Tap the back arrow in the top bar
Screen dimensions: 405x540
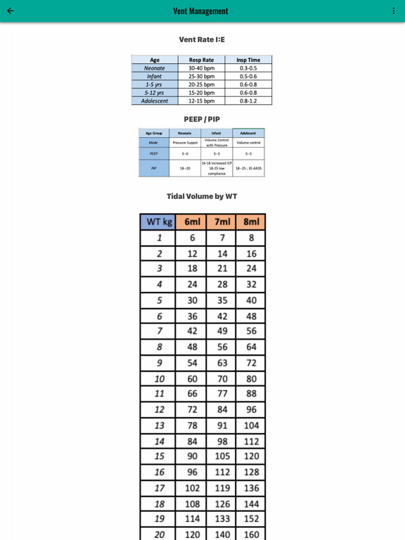[x=11, y=11]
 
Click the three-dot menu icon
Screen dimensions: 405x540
[x=394, y=11]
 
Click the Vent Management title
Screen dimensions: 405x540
[x=201, y=11]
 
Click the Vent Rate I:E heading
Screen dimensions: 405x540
[x=202, y=39]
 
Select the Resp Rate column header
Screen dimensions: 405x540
[x=201, y=60]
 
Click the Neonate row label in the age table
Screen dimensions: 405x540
[x=155, y=68]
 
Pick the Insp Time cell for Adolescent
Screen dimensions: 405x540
[x=248, y=101]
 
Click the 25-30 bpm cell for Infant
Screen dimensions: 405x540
[x=201, y=76]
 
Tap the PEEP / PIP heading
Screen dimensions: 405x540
[x=202, y=119]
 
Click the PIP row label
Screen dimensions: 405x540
[x=153, y=168]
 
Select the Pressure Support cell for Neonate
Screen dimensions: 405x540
[x=185, y=143]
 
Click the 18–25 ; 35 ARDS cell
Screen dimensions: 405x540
[x=248, y=168]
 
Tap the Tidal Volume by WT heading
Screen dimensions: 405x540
[x=202, y=196]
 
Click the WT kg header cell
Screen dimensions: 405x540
[x=159, y=222]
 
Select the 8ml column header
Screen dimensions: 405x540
[x=251, y=222]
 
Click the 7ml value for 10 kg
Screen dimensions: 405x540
[x=222, y=378]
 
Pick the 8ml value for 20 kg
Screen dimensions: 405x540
[x=251, y=534]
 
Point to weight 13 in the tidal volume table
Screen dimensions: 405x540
[x=159, y=425]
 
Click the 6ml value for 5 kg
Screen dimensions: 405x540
[x=192, y=300]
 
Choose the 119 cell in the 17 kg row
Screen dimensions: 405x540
[x=222, y=488]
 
